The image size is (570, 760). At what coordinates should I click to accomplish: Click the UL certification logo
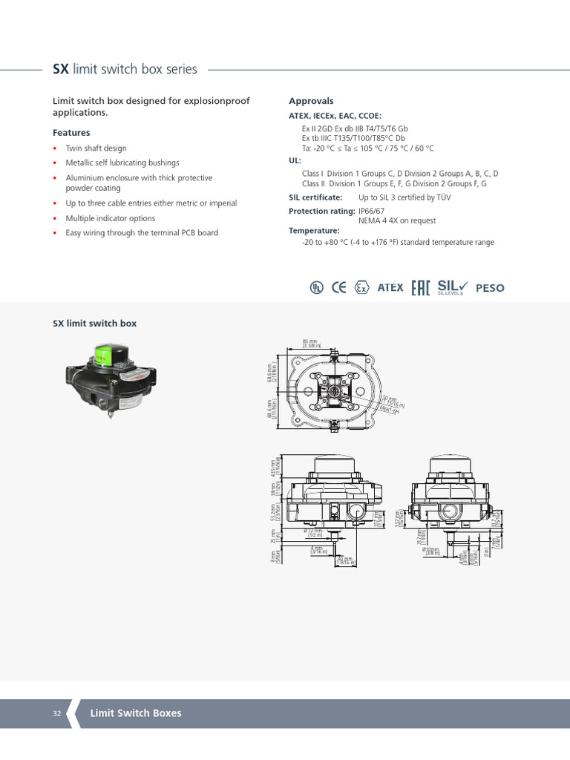(317, 288)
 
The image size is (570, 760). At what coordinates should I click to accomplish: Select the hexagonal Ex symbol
(361, 288)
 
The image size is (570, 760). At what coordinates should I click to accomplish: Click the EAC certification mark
(420, 288)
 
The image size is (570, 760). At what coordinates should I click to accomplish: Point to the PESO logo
(489, 288)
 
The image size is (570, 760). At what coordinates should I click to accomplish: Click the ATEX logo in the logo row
(390, 288)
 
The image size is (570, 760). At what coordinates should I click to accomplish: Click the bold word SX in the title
(60, 70)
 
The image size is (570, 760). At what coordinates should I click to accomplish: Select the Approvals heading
(311, 101)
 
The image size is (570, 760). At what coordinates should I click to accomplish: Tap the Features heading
(71, 133)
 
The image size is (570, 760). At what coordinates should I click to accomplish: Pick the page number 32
(57, 713)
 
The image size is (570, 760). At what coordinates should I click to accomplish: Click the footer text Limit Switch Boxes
(136, 713)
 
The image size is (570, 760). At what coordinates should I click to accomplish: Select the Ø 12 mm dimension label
(313, 532)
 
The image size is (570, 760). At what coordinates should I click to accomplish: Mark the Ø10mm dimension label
(430, 551)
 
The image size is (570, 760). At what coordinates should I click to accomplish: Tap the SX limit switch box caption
(94, 324)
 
